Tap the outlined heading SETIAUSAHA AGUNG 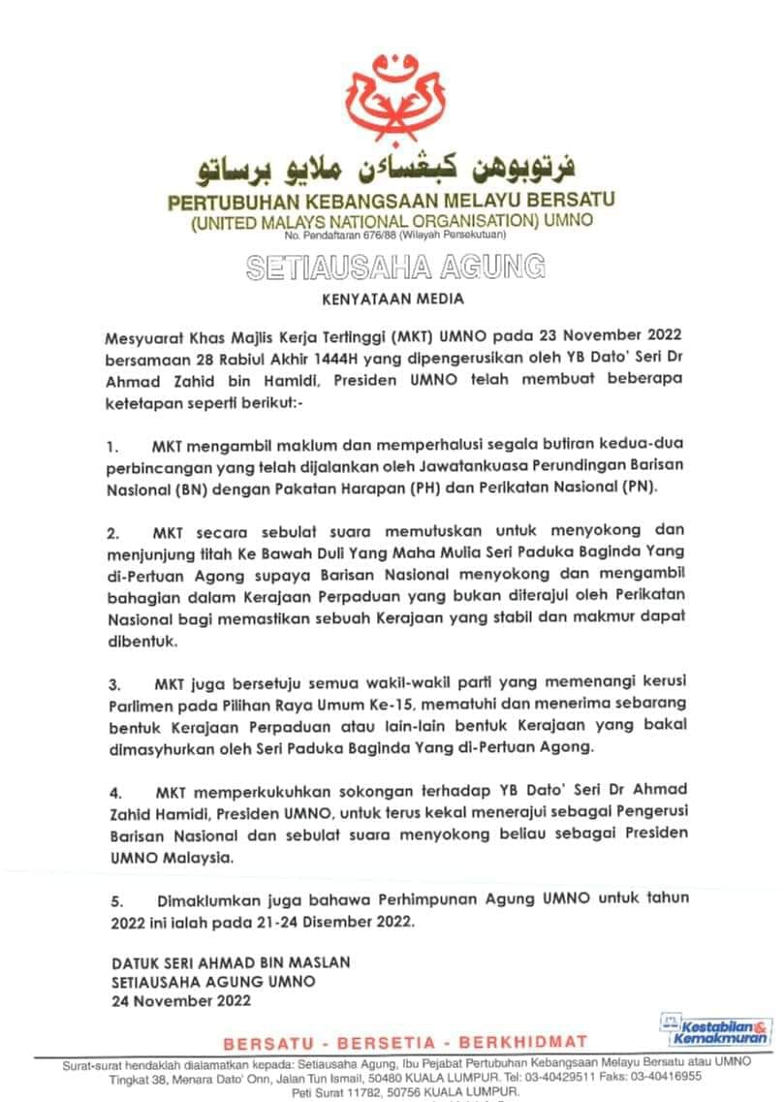click(x=395, y=267)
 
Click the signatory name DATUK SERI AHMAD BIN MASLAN click(x=230, y=962)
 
